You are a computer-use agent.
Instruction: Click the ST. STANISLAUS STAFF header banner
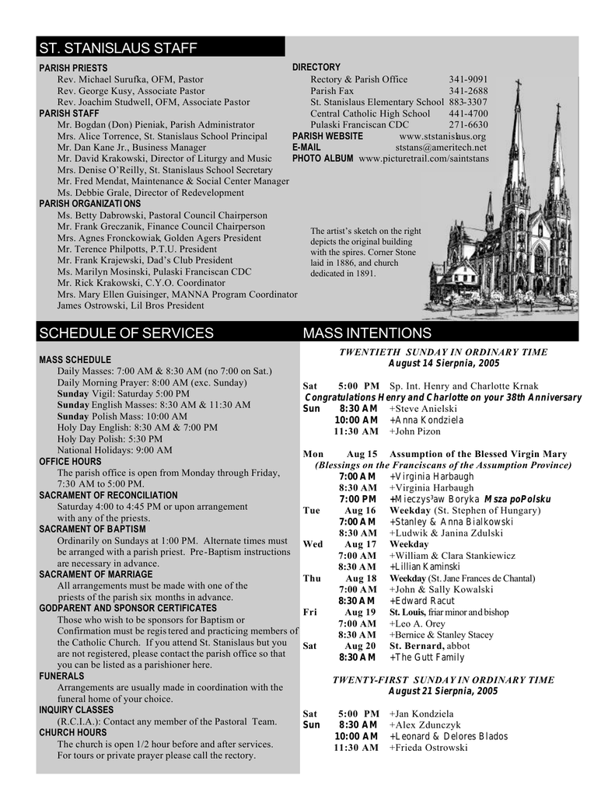(118, 48)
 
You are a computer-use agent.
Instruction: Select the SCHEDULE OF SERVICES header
(126, 333)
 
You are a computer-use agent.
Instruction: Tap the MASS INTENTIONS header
(367, 333)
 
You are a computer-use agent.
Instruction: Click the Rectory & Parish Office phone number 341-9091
(468, 79)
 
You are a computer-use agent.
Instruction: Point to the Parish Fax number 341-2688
(468, 91)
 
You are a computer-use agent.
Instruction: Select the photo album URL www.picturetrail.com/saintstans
(424, 159)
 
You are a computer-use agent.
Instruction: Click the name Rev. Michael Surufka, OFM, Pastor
(131, 79)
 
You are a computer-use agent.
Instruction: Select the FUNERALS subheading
(61, 676)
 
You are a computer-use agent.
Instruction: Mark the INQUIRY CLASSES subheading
(76, 710)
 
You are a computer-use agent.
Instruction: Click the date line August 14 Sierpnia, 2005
(443, 363)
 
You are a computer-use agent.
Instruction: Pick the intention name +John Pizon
(414, 431)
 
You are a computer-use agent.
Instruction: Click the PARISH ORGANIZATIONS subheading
(90, 204)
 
